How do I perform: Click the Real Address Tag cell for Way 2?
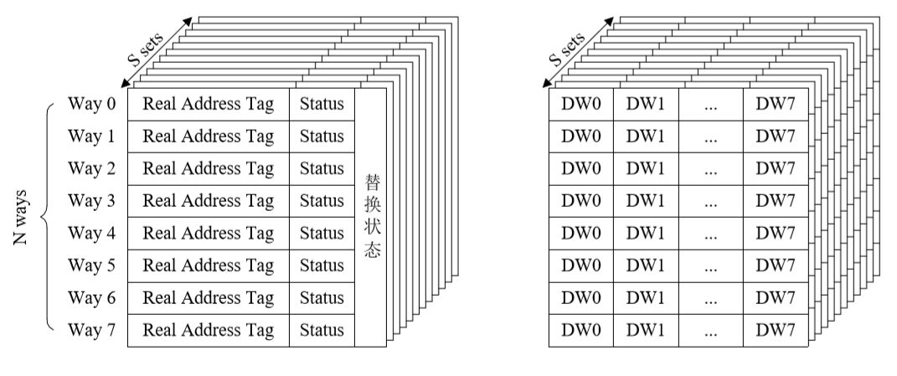pyautogui.click(x=209, y=169)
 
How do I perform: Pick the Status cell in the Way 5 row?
pyautogui.click(x=322, y=266)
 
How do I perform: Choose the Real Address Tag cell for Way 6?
pyautogui.click(x=209, y=298)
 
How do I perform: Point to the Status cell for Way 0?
pyautogui.click(x=322, y=105)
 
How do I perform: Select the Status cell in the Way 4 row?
pyautogui.click(x=322, y=234)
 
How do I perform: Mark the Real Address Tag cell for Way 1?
pyautogui.click(x=209, y=136)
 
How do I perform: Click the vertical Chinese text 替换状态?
pyautogui.click(x=372, y=216)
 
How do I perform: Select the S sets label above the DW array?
pyautogui.click(x=567, y=52)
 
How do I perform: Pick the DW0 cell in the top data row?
pyautogui.click(x=580, y=105)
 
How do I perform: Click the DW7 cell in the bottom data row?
pyautogui.click(x=776, y=330)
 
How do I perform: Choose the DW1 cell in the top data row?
pyautogui.click(x=645, y=105)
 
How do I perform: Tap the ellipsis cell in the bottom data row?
pyautogui.click(x=710, y=330)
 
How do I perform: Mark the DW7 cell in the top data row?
pyautogui.click(x=776, y=105)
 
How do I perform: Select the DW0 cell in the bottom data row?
pyautogui.click(x=580, y=330)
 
